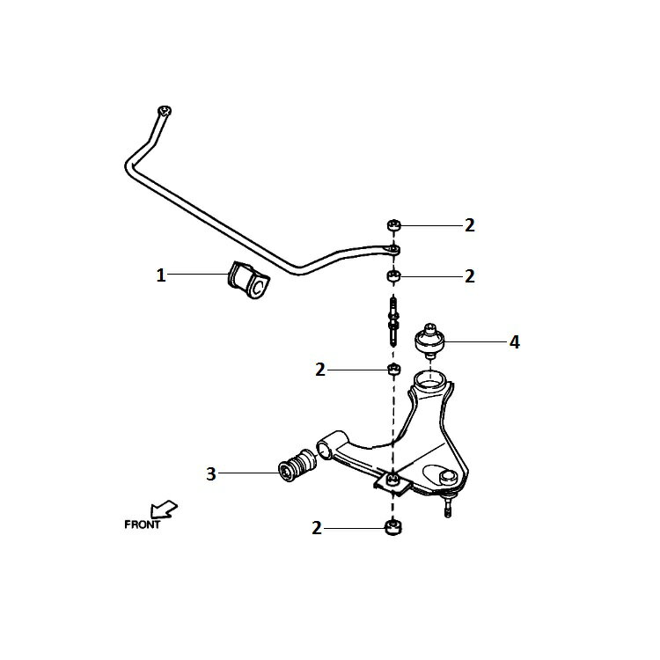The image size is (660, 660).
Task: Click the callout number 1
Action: coord(161,275)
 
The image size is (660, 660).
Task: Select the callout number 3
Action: coord(211,474)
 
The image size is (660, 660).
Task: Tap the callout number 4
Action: coord(515,342)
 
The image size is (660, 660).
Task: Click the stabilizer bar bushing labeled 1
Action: coord(248,281)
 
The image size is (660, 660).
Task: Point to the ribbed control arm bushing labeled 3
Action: coord(297,466)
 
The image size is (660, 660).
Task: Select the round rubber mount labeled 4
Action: coord(430,341)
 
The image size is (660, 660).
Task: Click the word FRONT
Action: coord(143,524)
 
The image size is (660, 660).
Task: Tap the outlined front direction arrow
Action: coord(164,509)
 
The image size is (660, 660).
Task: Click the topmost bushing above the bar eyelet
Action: coord(394,225)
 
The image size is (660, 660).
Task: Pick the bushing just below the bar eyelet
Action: coord(394,276)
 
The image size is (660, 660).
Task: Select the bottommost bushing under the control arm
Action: coord(393,528)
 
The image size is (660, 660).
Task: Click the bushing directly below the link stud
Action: coord(393,370)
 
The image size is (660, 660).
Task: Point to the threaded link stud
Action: coord(393,321)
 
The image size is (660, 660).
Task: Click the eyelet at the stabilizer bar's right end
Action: coord(393,251)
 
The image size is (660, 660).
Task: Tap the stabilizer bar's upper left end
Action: coord(164,112)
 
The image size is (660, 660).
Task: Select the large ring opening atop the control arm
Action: coord(429,381)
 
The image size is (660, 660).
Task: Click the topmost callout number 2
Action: coord(470,225)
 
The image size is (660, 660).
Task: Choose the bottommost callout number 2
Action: coord(317,528)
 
